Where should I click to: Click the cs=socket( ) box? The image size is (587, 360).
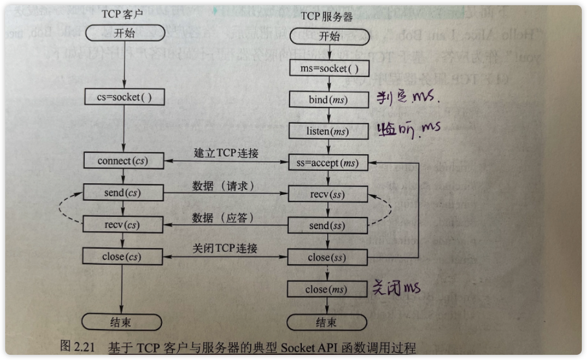click(x=123, y=97)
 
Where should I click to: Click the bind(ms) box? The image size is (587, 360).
click(x=328, y=100)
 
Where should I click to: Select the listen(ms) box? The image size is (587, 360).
click(x=328, y=131)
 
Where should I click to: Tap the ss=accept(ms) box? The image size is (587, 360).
click(x=328, y=163)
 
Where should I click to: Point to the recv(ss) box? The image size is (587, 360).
click(x=328, y=194)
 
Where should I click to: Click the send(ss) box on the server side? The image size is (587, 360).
click(x=328, y=225)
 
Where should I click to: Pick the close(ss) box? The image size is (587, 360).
click(x=328, y=258)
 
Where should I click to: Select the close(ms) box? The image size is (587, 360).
click(x=328, y=289)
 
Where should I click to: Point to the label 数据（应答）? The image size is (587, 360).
click(x=222, y=217)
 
